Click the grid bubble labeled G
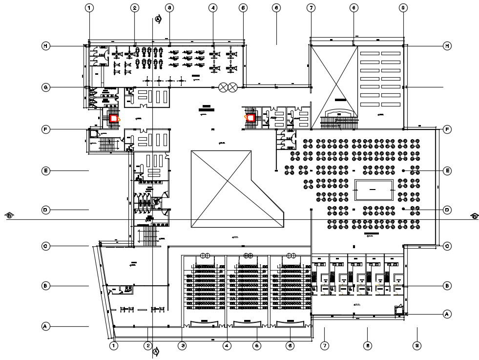pyautogui.click(x=45, y=88)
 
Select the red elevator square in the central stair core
pyautogui.click(x=251, y=118)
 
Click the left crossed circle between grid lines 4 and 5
pyautogui.click(x=224, y=87)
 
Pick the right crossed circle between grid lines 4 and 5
pyautogui.click(x=233, y=87)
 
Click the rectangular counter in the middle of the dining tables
pyautogui.click(x=374, y=190)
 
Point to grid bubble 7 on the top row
pyautogui.click(x=311, y=8)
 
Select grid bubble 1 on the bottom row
pyautogui.click(x=114, y=346)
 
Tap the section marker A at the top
pyautogui.click(x=158, y=19)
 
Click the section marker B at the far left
pyautogui.click(x=9, y=215)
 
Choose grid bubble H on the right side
pyautogui.click(x=446, y=46)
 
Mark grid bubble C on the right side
pyautogui.click(x=446, y=246)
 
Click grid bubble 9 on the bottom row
pyautogui.click(x=417, y=346)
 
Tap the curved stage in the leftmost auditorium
pyautogui.click(x=204, y=323)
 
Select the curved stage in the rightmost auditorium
pyautogui.click(x=291, y=323)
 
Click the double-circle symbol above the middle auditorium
pyautogui.click(x=248, y=255)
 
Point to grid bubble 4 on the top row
pyautogui.click(x=213, y=8)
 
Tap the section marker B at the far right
pyautogui.click(x=474, y=215)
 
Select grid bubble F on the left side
pyautogui.click(x=45, y=129)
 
